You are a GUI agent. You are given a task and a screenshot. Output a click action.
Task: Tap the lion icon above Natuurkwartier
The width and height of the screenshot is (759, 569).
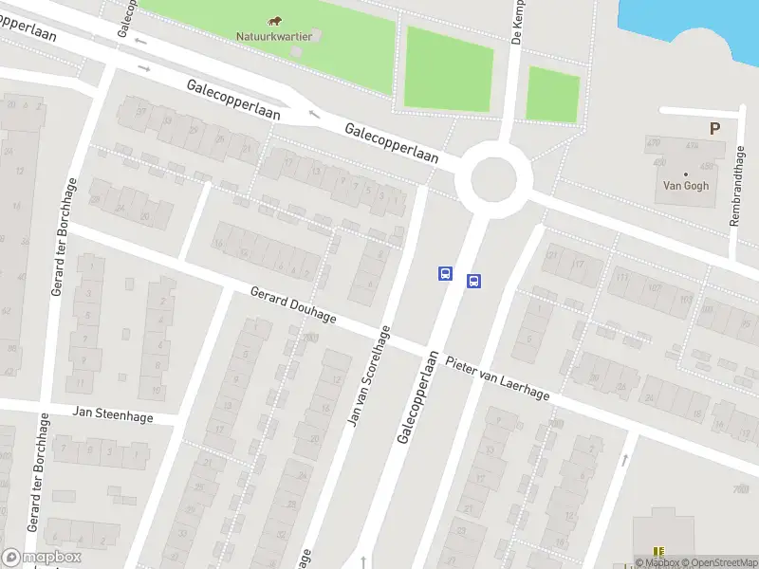click(273, 21)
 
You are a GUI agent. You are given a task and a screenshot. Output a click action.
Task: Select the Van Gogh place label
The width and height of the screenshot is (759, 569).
click(685, 186)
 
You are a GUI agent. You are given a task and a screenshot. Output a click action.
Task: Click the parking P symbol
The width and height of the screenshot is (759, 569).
click(714, 128)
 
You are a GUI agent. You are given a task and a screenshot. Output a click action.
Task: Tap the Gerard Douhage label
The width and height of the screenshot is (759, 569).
click(293, 304)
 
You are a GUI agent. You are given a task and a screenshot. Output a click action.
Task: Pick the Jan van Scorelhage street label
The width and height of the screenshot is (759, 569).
click(369, 375)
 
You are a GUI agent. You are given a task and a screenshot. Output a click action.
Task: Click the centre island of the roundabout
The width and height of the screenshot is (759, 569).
click(493, 176)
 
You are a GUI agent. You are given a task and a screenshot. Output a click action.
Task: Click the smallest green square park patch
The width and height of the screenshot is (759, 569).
click(552, 94)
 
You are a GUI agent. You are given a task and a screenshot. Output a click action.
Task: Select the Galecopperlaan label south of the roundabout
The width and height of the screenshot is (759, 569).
click(417, 398)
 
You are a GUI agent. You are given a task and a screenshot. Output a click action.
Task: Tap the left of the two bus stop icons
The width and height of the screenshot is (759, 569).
click(444, 273)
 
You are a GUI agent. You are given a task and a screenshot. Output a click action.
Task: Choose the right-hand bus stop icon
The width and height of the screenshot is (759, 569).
click(473, 281)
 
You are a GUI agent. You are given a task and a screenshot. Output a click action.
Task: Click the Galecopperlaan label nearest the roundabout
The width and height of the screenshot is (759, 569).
click(392, 143)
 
